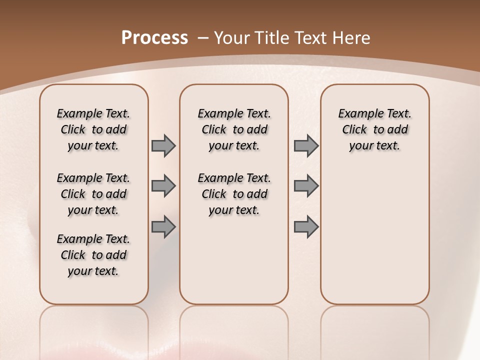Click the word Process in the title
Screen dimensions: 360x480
(154, 37)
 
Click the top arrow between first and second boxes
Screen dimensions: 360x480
(163, 145)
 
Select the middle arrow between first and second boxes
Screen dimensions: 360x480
(163, 186)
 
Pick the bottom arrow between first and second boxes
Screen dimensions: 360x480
(163, 227)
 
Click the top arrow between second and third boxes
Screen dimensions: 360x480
(306, 145)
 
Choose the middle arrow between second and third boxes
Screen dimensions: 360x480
(306, 186)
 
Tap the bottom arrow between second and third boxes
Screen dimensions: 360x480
(306, 227)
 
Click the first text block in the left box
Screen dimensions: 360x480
(93, 129)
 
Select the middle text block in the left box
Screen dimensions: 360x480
(93, 194)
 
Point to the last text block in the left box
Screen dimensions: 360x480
(93, 255)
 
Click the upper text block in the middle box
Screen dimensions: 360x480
(234, 129)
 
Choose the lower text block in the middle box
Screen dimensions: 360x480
(234, 194)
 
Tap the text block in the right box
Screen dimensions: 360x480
(374, 129)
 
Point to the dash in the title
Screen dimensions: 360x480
(203, 37)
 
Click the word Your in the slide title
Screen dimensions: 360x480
(230, 37)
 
